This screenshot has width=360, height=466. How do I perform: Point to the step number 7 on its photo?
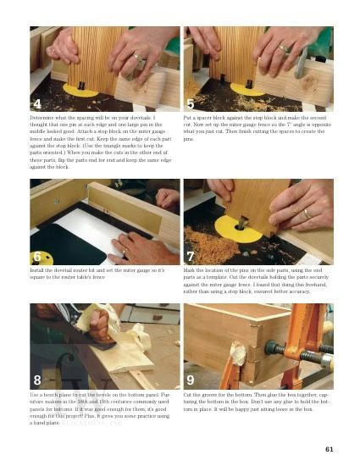pos(192,256)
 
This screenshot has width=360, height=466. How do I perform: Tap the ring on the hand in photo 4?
pos(137,60)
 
